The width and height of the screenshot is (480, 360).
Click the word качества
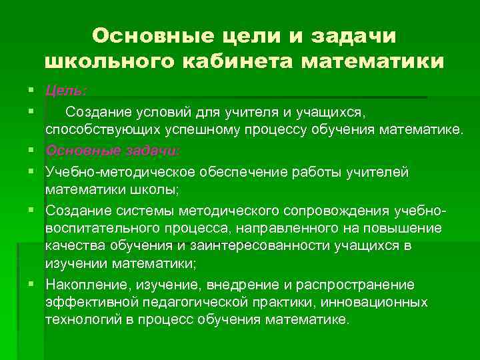tap(73, 246)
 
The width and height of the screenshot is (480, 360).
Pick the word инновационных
tap(374, 302)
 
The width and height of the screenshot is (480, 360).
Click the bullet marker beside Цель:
tap(31, 89)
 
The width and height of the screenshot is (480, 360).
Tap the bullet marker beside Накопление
tap(31, 285)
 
